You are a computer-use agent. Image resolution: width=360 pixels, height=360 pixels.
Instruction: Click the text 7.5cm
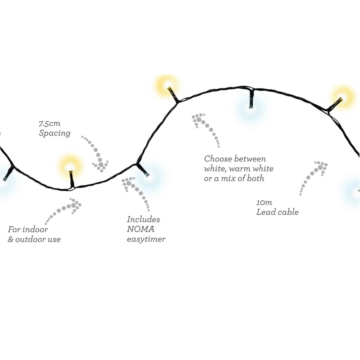tap(49, 124)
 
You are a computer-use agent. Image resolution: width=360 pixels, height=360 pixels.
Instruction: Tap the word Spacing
tap(55, 134)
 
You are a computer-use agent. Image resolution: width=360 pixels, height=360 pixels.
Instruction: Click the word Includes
tap(143, 219)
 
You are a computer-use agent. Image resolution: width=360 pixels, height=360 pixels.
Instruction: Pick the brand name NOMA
tap(141, 229)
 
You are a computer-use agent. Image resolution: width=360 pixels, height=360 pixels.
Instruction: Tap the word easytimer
tap(146, 239)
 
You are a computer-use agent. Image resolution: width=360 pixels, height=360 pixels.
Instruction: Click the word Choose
tap(218, 159)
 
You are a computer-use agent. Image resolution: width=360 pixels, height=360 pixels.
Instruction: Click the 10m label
tap(264, 203)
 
